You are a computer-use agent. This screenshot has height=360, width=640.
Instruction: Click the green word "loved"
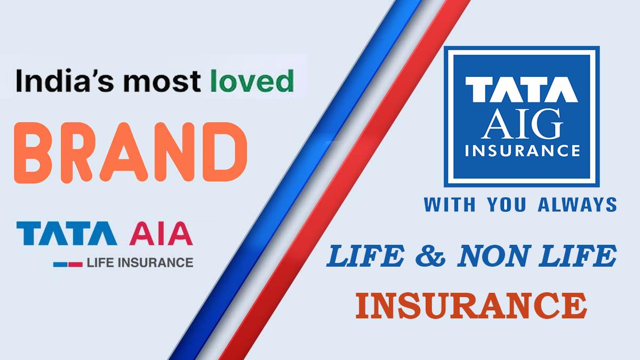point(252,81)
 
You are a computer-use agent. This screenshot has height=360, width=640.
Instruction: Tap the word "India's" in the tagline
point(65,81)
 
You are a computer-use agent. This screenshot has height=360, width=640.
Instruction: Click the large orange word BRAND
point(131,153)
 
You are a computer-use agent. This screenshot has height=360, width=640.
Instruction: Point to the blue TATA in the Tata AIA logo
point(67,233)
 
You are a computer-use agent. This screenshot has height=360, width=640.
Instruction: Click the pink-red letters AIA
point(161,233)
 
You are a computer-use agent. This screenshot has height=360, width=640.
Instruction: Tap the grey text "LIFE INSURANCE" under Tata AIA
point(140,262)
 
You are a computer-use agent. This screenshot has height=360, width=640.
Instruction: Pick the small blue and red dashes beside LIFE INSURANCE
point(68,265)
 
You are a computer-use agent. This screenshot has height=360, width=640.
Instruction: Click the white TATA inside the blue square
point(522,89)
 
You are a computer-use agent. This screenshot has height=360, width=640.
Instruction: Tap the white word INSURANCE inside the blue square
point(523,150)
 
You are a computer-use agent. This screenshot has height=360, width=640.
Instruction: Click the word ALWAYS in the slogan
point(577,205)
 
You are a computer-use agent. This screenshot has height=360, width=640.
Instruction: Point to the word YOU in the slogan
point(507,205)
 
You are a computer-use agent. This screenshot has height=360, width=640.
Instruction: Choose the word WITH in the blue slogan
point(450,205)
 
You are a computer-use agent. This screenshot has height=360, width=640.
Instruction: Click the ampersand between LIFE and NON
point(430,256)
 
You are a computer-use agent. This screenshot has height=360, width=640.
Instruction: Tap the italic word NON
point(492,256)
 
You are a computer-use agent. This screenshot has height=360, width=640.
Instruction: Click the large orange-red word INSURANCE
point(471,306)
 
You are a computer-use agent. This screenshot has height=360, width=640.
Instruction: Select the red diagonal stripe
point(345,180)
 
